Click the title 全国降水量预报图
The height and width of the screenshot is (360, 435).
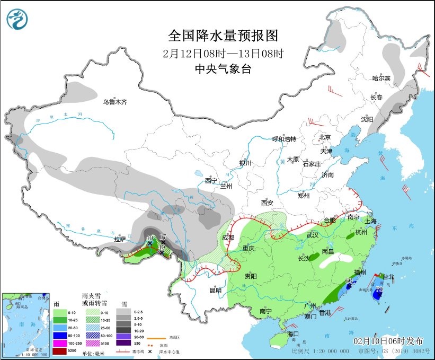223,36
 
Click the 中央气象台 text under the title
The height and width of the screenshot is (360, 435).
223,69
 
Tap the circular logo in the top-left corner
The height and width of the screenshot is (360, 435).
17,20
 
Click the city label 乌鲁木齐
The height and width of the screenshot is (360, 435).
115,102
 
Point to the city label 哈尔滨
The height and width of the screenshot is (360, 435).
380,78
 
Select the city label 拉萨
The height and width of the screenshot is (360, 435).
120,240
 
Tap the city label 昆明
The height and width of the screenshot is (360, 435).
215,290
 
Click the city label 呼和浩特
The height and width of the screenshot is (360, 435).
283,139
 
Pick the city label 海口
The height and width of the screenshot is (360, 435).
294,334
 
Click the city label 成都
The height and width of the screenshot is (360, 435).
228,238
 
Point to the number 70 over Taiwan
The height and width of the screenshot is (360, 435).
379,290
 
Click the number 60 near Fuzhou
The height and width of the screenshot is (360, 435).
349,280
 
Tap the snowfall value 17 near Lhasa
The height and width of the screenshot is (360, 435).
163,236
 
